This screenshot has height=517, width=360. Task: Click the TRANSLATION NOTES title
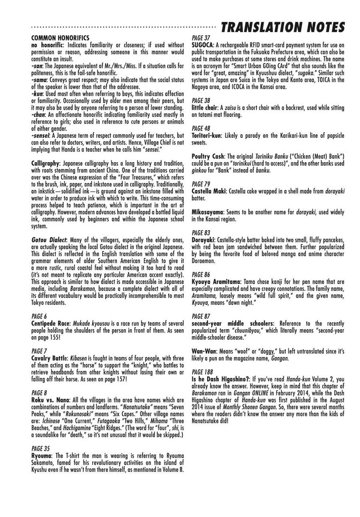pyautogui.click(x=283, y=27)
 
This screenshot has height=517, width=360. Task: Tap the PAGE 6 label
pyautogui.click(x=39, y=316)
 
